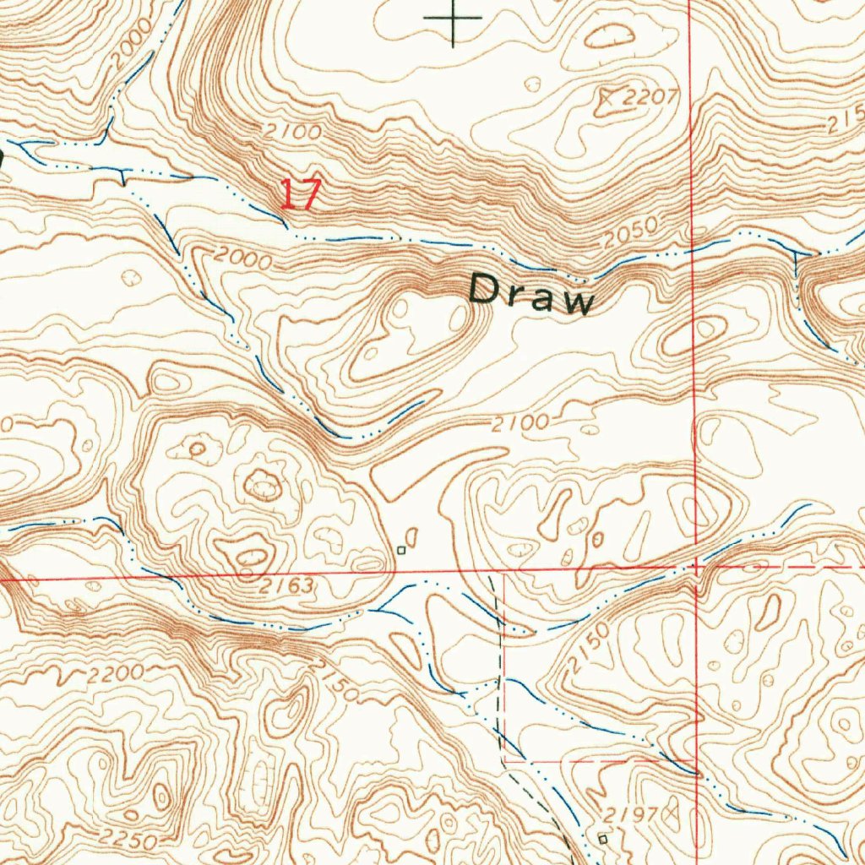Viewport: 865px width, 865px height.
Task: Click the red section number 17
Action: pos(301,194)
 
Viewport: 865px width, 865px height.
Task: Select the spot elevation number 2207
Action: pos(651,97)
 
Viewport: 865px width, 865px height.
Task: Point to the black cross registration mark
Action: pos(454,18)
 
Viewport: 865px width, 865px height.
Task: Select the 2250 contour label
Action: pos(126,841)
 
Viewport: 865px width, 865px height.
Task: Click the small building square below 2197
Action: pos(602,839)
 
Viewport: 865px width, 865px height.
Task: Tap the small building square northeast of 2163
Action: pos(402,550)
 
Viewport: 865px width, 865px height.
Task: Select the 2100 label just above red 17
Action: pos(291,133)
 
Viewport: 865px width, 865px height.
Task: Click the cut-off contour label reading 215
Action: pos(846,122)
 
